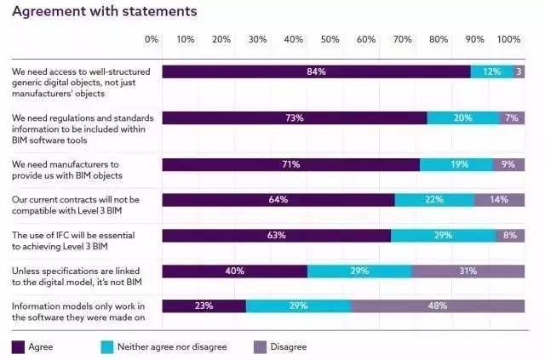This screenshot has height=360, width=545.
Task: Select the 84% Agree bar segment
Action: (316, 72)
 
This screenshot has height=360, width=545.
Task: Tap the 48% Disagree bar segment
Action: (438, 306)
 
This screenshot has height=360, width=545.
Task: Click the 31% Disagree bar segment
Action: (468, 271)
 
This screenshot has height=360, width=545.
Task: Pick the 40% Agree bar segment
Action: (234, 271)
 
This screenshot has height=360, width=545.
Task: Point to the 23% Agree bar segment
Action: (204, 306)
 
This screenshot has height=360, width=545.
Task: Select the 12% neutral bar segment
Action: (492, 72)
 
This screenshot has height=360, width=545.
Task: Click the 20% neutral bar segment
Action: (463, 118)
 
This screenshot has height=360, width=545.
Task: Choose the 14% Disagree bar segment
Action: (499, 200)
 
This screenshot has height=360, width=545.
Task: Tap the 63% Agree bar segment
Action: (276, 236)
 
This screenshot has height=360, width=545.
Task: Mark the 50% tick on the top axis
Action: (330, 39)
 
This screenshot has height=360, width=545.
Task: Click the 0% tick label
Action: (152, 39)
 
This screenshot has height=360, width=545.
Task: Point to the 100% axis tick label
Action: (508, 39)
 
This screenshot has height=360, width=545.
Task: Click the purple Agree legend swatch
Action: (18, 346)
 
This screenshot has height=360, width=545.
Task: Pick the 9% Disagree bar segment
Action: (508, 164)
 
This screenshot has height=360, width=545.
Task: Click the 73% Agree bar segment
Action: (294, 118)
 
